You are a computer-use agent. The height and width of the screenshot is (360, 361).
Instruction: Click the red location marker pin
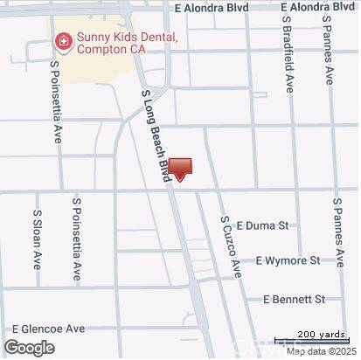tap(179, 169)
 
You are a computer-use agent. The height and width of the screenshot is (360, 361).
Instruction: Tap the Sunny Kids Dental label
tap(127, 38)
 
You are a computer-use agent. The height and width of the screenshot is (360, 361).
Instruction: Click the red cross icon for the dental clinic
tap(63, 40)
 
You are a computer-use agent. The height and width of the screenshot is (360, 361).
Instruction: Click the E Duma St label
tap(261, 225)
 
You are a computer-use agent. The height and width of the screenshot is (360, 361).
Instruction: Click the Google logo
tap(29, 348)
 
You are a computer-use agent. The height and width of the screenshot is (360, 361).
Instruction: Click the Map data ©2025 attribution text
tap(320, 352)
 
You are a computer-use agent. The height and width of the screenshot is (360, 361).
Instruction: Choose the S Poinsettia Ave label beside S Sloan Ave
tap(77, 238)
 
